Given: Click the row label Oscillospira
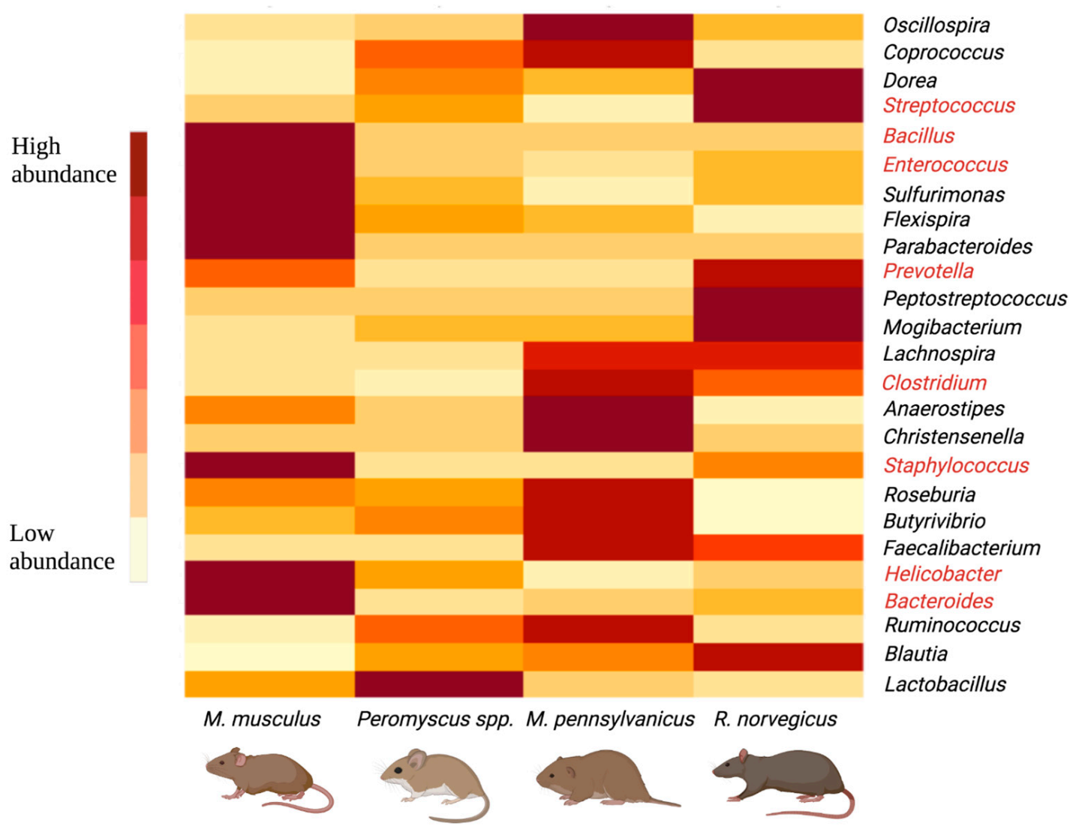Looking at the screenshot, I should click(x=936, y=26).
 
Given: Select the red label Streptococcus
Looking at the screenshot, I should click(x=948, y=106).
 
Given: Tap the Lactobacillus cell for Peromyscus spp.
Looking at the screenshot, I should click(x=438, y=684).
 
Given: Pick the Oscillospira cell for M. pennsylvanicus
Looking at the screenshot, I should click(x=608, y=26).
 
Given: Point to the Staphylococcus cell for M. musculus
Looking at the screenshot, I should click(x=269, y=465).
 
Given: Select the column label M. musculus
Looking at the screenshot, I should click(x=262, y=719).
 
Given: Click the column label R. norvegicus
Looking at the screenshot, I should click(x=775, y=719).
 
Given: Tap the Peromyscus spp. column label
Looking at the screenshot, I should click(x=435, y=719).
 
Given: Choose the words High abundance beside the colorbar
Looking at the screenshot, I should click(x=63, y=160).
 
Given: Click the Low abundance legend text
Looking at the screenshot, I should click(x=62, y=547).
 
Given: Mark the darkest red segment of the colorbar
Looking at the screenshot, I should click(x=138, y=164).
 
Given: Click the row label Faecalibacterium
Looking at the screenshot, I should click(x=961, y=548).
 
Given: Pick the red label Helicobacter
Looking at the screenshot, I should click(x=942, y=575).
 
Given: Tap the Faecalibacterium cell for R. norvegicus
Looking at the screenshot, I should click(x=778, y=548).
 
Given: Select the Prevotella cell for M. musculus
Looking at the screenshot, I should click(x=269, y=273).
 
